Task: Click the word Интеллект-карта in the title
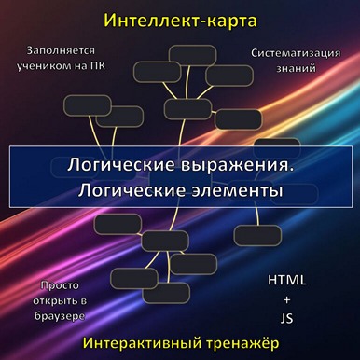click(x=179, y=20)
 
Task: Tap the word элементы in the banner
click(x=230, y=190)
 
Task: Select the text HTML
click(x=286, y=280)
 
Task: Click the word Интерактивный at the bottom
click(x=141, y=342)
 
